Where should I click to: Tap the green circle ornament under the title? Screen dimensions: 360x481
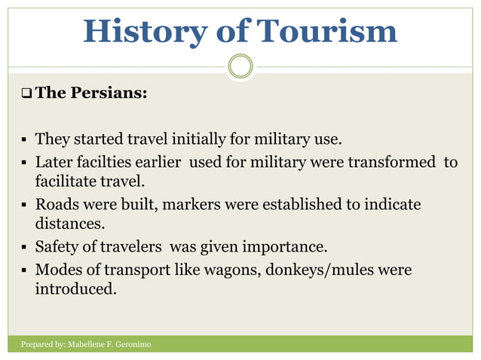(x=240, y=67)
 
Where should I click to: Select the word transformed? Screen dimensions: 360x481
(x=392, y=162)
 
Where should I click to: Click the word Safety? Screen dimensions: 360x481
(x=60, y=247)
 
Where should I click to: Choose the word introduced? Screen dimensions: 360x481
(x=76, y=289)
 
